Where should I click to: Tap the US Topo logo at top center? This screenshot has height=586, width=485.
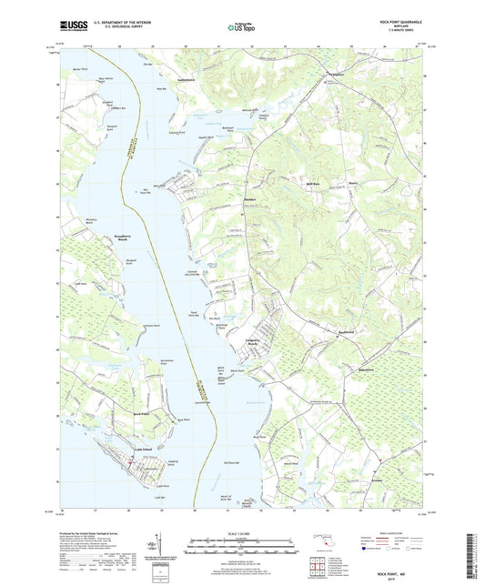(x=239, y=29)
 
